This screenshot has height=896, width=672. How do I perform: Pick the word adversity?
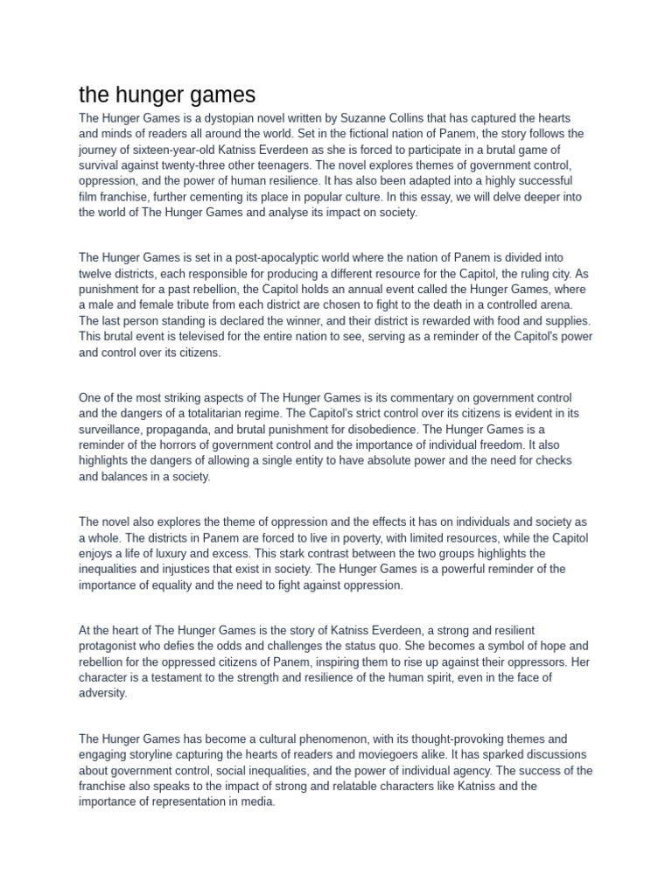coord(102,694)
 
